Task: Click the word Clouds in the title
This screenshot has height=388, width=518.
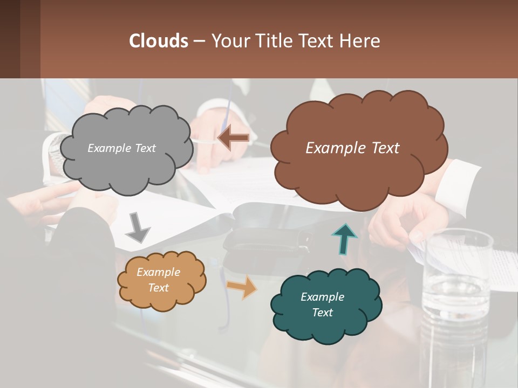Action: pos(158,40)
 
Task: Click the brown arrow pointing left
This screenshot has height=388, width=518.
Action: pos(234,138)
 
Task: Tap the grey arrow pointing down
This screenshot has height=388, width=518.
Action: pos(138,227)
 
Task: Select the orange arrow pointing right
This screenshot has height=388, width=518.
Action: pos(241,287)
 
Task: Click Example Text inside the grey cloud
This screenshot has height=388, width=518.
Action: pos(121,148)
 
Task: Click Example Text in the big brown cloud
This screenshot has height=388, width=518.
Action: pos(352,148)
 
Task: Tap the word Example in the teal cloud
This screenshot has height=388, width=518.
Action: pos(322,297)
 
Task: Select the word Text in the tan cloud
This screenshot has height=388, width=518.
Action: pos(159,288)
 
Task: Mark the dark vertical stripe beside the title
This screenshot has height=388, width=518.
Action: pos(30,39)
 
